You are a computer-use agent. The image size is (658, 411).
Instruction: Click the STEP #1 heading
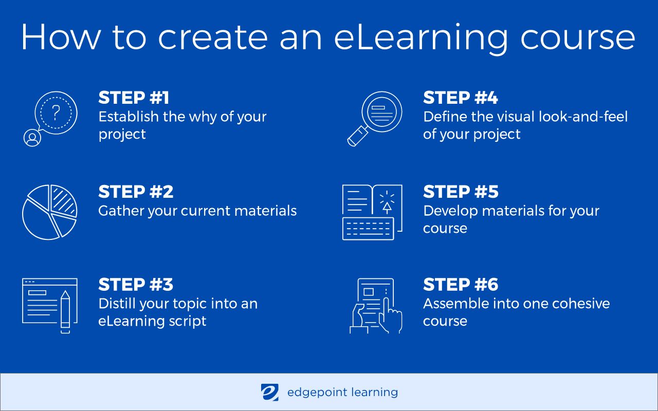tap(134, 98)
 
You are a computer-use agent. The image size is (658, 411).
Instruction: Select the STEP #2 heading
tap(136, 192)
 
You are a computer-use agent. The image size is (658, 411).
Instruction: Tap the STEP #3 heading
tap(136, 285)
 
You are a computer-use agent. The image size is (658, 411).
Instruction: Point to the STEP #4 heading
tap(461, 98)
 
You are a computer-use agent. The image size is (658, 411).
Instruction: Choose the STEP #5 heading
tap(461, 192)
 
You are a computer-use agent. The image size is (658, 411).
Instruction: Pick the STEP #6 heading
tap(461, 285)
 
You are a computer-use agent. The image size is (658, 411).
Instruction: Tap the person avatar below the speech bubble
tap(32, 138)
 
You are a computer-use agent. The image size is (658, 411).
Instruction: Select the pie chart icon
tap(49, 212)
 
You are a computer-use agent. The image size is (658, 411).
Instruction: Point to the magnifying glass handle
tap(356, 137)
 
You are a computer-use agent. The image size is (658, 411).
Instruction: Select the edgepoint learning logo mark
tap(269, 393)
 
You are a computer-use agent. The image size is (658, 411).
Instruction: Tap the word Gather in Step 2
tap(121, 211)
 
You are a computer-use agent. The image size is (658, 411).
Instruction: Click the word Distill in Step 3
tap(117, 303)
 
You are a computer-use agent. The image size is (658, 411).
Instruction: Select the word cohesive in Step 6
tap(581, 303)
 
